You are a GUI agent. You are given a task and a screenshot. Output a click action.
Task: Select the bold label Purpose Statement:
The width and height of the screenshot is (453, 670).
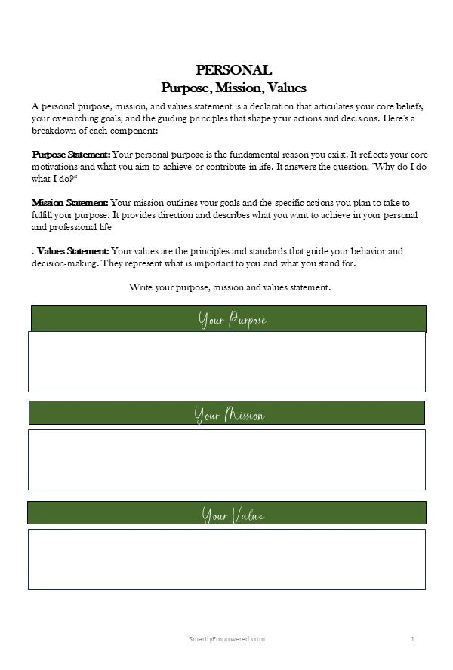[71, 155]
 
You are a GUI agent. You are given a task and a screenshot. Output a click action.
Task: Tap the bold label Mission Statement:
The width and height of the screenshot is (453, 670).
[70, 203]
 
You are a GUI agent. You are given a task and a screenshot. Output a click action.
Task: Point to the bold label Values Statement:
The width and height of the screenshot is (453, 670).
[72, 251]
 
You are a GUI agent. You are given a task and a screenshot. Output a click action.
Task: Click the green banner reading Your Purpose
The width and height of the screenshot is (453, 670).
[228, 319]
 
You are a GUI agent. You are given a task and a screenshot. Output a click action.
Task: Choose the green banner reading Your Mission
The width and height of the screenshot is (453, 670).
[226, 414]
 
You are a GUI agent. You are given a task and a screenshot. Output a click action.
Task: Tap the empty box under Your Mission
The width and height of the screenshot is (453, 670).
[226, 459]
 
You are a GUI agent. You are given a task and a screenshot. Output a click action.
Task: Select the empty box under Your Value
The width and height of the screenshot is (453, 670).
[226, 559]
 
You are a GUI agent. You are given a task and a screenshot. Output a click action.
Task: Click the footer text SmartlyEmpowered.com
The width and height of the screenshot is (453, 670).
[226, 639]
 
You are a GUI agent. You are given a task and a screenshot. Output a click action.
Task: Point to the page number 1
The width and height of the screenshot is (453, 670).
[413, 639]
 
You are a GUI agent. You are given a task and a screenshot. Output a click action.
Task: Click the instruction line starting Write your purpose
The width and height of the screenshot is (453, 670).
[230, 287]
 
